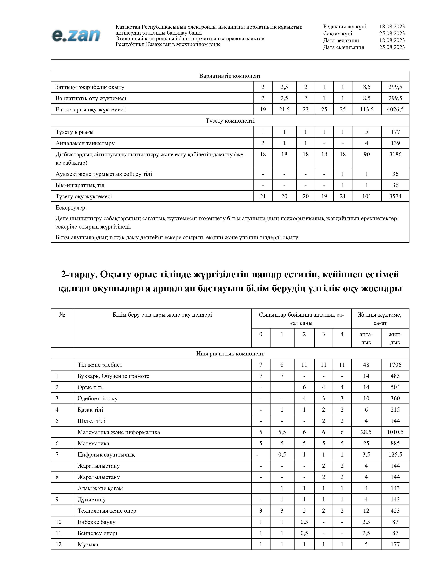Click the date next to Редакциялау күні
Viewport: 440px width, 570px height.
point(392,27)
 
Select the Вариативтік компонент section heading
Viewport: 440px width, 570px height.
point(230,76)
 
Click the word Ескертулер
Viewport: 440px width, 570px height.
point(71,208)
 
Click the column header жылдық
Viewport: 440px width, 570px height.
point(395,338)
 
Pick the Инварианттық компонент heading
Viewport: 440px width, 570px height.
point(230,354)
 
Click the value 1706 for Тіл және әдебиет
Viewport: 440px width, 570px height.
point(395,365)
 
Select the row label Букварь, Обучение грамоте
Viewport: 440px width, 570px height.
point(113,376)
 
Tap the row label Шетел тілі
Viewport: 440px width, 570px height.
point(91,421)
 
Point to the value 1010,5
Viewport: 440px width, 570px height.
point(395,432)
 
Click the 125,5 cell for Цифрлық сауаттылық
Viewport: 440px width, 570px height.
point(395,455)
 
